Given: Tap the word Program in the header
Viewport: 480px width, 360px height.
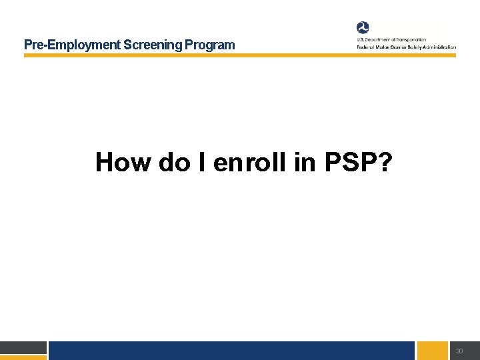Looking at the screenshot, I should click(210, 45).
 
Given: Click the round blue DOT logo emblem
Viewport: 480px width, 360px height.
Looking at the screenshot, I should click(363, 28).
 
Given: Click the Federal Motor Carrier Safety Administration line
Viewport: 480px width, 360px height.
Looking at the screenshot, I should click(406, 47).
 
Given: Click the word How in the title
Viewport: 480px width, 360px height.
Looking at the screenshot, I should click(123, 162).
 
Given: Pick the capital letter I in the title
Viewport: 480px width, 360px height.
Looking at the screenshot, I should click(200, 162).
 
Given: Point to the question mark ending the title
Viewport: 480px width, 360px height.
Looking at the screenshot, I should click(385, 162).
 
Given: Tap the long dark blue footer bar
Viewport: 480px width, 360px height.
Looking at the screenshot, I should click(232, 351).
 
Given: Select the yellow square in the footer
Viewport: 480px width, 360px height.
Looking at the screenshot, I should click(433, 351).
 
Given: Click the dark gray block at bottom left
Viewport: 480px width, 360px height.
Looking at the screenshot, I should click(23, 347).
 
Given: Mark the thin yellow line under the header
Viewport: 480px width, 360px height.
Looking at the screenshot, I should click(240, 55).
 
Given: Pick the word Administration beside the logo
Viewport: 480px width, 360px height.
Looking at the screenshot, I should click(439, 47).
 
